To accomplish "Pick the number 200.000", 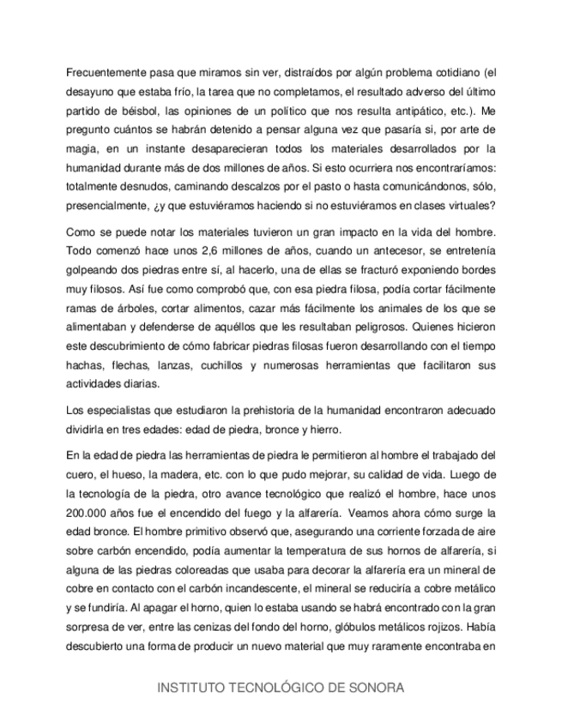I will (93, 513).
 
